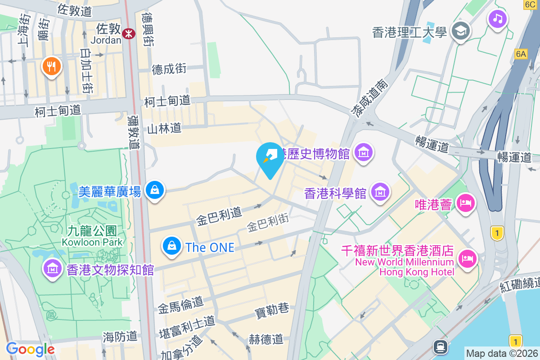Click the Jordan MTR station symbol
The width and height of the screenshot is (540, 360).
click(x=130, y=33)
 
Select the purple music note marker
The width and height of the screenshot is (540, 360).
click(x=497, y=19)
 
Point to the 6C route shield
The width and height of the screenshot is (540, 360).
click(x=530, y=4)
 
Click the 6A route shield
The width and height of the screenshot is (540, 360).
click(x=521, y=54)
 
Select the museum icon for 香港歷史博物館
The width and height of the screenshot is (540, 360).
click(x=364, y=153)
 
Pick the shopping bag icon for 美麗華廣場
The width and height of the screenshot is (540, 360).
click(x=155, y=190)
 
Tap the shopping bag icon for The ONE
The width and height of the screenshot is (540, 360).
click(x=172, y=246)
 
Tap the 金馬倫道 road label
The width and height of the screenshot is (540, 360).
click(x=180, y=306)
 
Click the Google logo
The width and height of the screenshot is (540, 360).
click(x=30, y=349)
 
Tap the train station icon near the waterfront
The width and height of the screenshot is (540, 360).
click(x=439, y=346)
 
